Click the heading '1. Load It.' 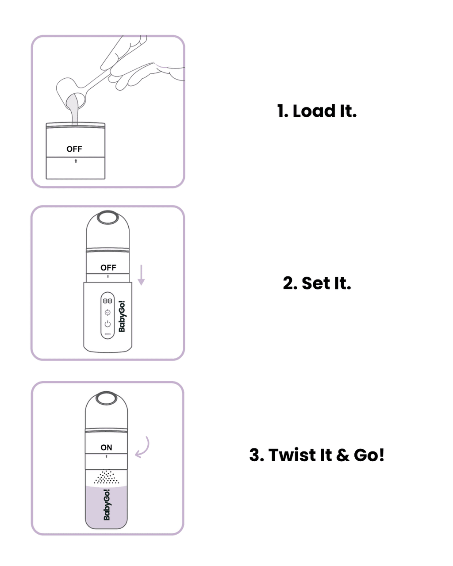[x=317, y=111]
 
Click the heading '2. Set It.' [x=317, y=283]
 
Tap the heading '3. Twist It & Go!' [x=317, y=455]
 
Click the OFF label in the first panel [x=74, y=149]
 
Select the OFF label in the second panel [x=108, y=268]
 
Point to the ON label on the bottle [x=107, y=447]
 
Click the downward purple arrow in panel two [x=141, y=275]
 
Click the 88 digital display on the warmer [x=107, y=301]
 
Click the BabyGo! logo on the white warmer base [x=122, y=317]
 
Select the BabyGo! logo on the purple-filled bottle [x=107, y=505]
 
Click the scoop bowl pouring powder [x=71, y=91]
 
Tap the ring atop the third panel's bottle [x=106, y=398]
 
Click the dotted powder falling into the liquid [x=106, y=477]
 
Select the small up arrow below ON [x=106, y=456]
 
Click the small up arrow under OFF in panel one [x=76, y=161]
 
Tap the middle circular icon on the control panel [x=107, y=313]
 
